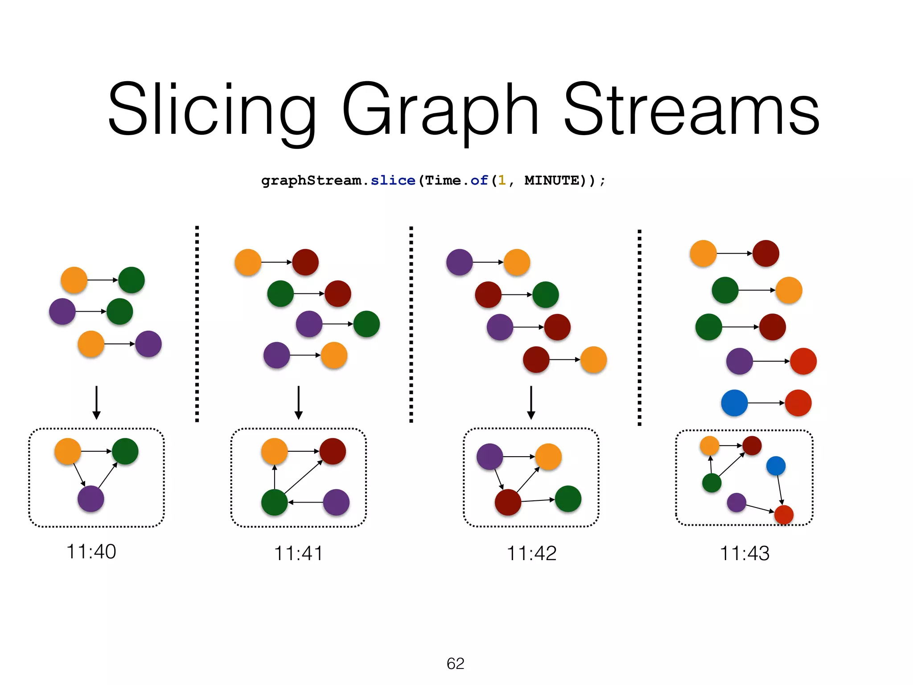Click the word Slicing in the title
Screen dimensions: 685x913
click(x=212, y=109)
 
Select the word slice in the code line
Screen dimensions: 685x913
click(x=393, y=181)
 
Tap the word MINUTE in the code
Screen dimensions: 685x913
click(x=551, y=181)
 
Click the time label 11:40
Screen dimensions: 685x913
click(x=91, y=552)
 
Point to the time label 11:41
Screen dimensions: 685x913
click(x=298, y=553)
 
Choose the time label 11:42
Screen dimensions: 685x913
click(x=531, y=553)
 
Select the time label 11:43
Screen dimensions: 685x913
click(x=744, y=553)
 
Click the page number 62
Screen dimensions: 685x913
click(x=455, y=664)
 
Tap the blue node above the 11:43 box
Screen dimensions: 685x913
click(x=734, y=403)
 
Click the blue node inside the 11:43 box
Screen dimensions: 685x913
click(x=776, y=466)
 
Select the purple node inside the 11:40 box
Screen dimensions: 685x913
click(x=91, y=499)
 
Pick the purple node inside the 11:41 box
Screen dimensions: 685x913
click(x=336, y=502)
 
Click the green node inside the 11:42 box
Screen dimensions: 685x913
click(x=568, y=499)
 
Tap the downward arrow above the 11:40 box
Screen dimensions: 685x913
click(x=96, y=402)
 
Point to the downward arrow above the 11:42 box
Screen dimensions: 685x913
click(x=531, y=402)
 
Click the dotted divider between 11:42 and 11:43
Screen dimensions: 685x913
click(x=639, y=328)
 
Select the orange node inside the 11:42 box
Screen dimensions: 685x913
click(x=548, y=457)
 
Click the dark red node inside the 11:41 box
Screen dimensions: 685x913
click(x=333, y=451)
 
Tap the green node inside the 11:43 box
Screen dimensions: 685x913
click(x=711, y=483)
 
